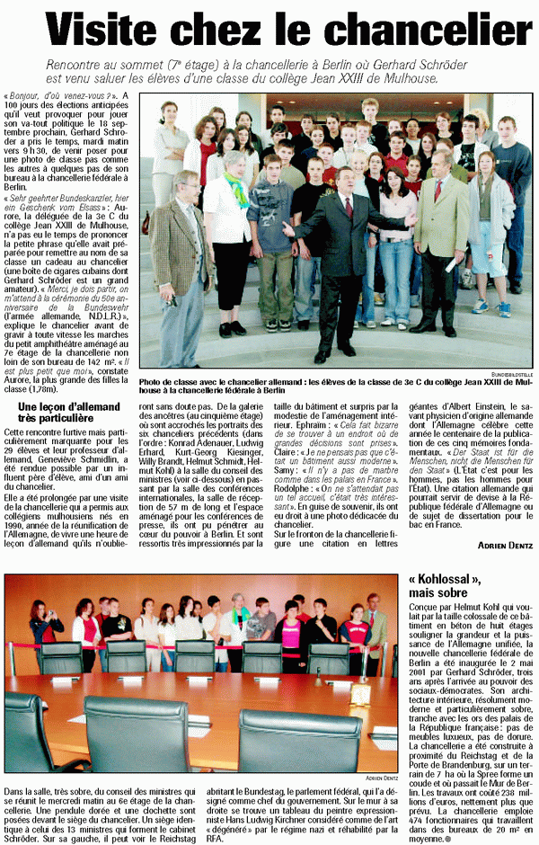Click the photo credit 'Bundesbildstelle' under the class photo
click(511, 372)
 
